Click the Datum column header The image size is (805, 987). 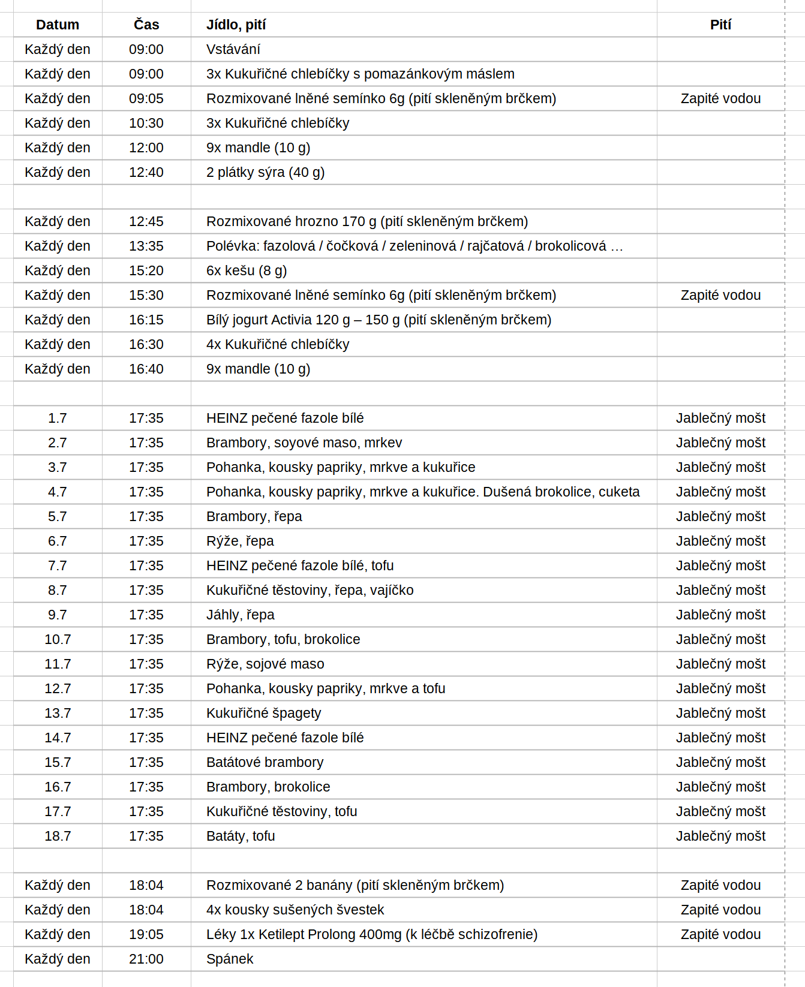(x=58, y=25)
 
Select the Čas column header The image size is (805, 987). (x=146, y=25)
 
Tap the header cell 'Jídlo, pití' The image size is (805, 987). (x=236, y=25)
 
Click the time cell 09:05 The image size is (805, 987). (x=146, y=98)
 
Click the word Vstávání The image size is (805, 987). (x=233, y=49)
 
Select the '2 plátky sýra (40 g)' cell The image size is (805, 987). (x=265, y=172)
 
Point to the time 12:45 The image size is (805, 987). (x=146, y=221)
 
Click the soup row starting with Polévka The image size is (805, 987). (x=414, y=246)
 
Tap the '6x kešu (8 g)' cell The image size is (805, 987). (x=247, y=270)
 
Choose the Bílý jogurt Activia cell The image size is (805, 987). (x=379, y=320)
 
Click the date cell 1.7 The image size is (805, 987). (x=58, y=418)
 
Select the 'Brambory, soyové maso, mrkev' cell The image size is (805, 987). (x=304, y=443)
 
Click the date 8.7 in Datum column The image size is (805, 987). (x=58, y=590)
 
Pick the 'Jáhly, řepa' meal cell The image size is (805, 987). (x=241, y=615)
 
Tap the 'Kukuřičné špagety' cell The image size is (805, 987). (x=263, y=713)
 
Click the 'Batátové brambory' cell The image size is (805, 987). (x=265, y=762)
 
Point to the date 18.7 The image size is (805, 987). (x=58, y=836)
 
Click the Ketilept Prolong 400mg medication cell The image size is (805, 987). (x=372, y=934)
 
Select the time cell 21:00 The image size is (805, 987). (x=146, y=959)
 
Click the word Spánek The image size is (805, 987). (x=230, y=959)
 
